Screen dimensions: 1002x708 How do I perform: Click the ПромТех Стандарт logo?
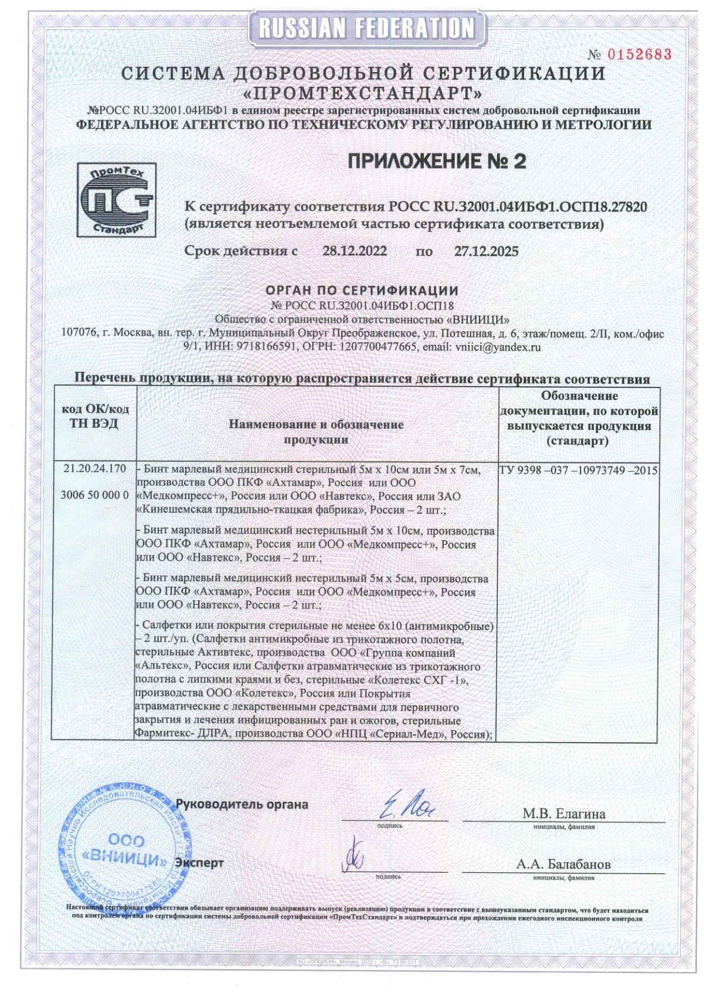pyautogui.click(x=117, y=200)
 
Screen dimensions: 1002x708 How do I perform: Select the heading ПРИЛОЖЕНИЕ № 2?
pyautogui.click(x=436, y=161)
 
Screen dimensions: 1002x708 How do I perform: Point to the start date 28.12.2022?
pyautogui.click(x=355, y=251)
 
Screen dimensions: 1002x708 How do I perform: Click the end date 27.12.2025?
pyautogui.click(x=486, y=251)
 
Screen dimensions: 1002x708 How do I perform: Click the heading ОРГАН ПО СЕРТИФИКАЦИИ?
pyautogui.click(x=362, y=290)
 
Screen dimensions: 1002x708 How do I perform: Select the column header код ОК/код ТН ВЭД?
pyautogui.click(x=95, y=417)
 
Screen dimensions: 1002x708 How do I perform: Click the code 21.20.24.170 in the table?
pyautogui.click(x=95, y=469)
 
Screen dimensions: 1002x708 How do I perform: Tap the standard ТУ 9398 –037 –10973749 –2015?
pyautogui.click(x=578, y=470)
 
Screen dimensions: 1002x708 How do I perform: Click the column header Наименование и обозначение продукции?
pyautogui.click(x=316, y=432)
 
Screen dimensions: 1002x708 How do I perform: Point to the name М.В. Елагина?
pyautogui.click(x=563, y=813)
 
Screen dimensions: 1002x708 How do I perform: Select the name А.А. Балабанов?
pyautogui.click(x=563, y=864)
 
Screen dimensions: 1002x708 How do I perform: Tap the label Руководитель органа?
pyautogui.click(x=242, y=804)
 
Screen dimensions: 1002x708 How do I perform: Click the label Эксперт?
pyautogui.click(x=199, y=862)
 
